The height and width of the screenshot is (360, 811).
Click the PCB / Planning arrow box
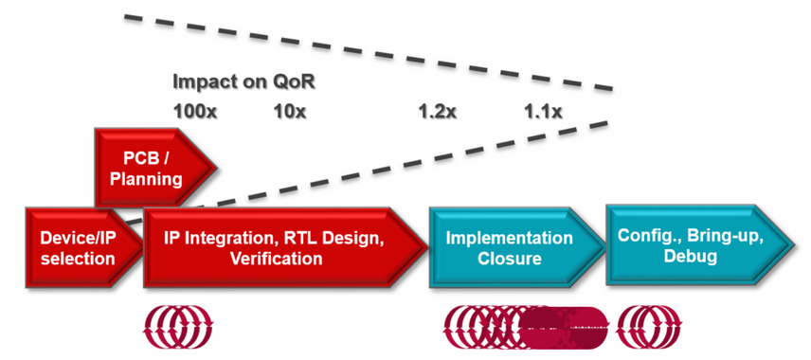click(154, 168)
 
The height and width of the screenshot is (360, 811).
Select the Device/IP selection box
click(83, 247)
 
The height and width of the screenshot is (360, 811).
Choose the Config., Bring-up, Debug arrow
click(699, 244)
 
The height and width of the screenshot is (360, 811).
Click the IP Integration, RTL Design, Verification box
click(285, 247)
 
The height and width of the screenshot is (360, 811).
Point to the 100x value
click(195, 112)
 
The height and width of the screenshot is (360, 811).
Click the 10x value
click(290, 112)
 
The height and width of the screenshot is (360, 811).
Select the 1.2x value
click(438, 112)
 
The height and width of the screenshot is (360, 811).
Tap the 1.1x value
click(543, 112)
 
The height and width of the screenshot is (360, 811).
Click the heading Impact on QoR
click(243, 81)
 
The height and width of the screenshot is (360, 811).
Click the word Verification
click(277, 258)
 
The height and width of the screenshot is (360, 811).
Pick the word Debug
click(691, 256)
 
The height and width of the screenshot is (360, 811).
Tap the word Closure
click(510, 258)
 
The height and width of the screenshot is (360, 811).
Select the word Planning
click(146, 179)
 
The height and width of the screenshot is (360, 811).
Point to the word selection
click(78, 258)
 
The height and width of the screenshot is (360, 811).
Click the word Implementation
click(510, 239)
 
